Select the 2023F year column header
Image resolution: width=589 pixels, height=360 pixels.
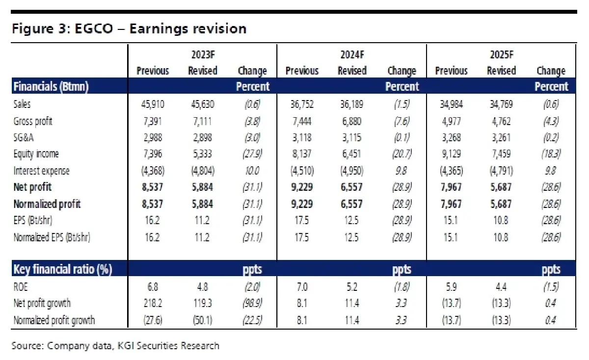[202, 54]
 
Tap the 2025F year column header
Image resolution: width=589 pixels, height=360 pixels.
[502, 54]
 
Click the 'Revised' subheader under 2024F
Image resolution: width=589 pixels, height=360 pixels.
[352, 71]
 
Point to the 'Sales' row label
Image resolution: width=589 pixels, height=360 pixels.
[22, 104]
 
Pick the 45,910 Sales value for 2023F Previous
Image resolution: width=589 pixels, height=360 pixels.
[152, 104]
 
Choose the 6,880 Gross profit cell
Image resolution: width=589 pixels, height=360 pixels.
[352, 121]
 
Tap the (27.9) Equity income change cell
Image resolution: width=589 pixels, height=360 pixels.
[252, 154]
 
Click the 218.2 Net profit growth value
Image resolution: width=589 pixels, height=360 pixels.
[152, 304]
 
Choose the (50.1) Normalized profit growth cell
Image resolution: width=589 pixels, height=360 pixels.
[202, 320]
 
